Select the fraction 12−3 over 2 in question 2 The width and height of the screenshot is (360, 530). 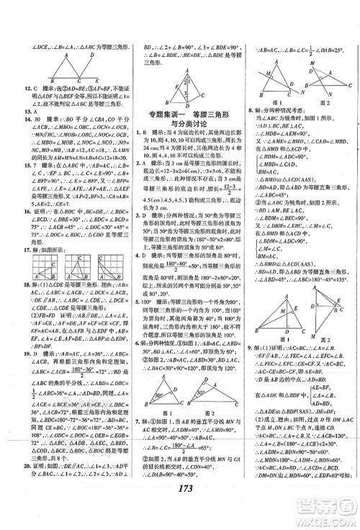pyautogui.click(x=217, y=189)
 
